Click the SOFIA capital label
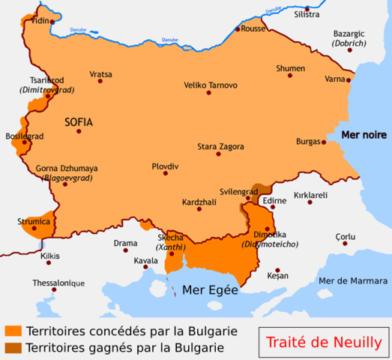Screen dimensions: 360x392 79,121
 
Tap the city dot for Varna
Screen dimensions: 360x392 348,78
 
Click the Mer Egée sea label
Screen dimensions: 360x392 210,289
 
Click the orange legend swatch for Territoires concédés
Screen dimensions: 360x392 12,331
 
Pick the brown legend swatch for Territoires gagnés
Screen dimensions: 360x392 12,347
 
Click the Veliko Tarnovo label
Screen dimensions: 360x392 211,85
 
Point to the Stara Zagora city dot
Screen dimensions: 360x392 218,154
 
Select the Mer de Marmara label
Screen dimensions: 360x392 350,280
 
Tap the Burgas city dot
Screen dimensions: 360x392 323,141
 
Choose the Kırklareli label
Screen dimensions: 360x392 311,193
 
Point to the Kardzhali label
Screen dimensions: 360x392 199,202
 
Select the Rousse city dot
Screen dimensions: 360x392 238,28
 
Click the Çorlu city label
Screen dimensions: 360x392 345,237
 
